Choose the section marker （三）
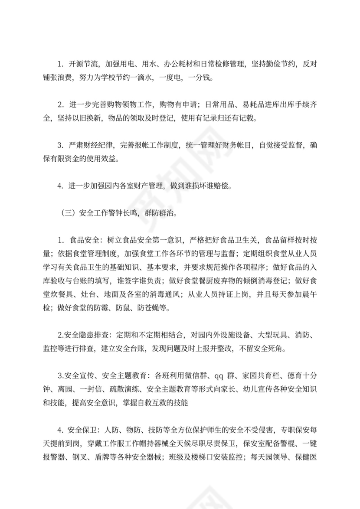pos(65,213)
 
